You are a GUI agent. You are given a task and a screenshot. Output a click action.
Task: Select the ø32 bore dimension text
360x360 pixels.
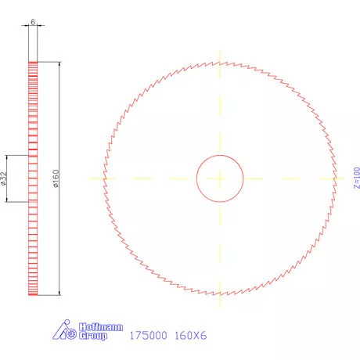5,179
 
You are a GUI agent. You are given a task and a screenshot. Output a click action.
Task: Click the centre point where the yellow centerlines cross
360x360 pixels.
220,178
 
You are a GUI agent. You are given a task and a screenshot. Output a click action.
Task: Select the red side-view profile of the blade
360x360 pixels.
33,179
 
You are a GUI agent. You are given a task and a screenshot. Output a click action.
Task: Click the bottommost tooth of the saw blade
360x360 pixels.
220,295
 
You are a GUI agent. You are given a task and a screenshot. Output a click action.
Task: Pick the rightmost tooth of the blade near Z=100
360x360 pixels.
337,178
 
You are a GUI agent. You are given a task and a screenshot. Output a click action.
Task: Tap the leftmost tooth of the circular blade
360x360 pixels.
103,178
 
